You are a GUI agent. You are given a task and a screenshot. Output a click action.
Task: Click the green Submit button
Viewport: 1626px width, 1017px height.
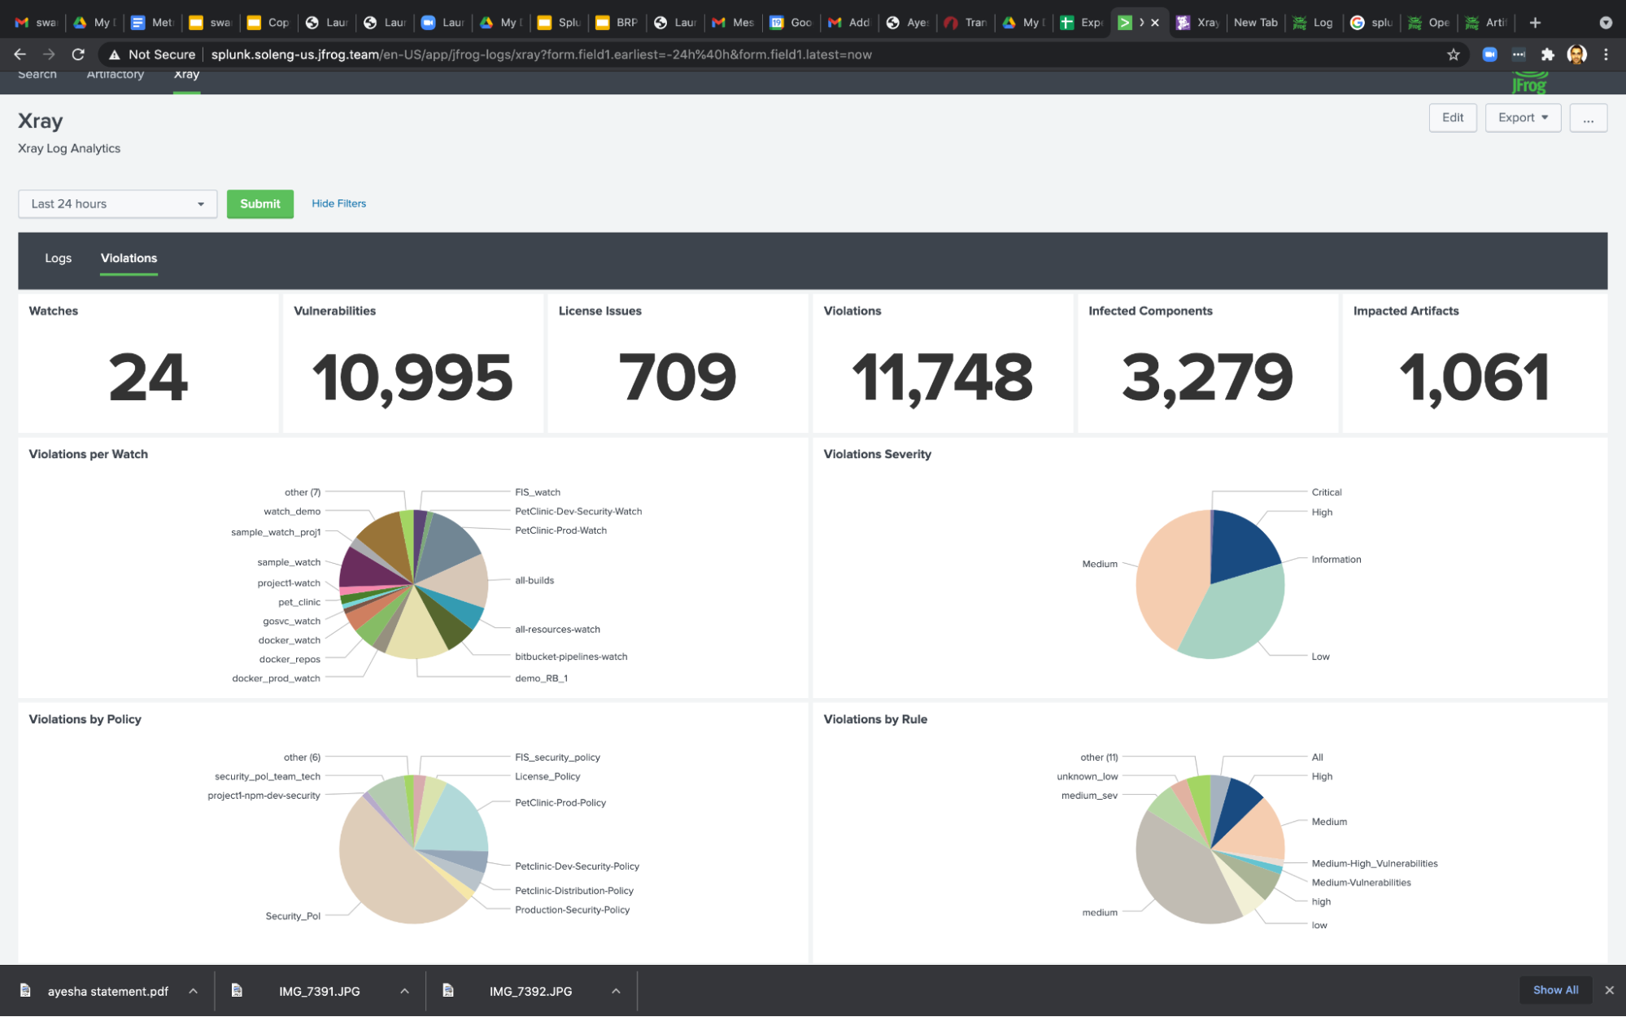259,203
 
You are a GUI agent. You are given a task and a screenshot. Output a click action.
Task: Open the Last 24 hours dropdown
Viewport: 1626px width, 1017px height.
117,203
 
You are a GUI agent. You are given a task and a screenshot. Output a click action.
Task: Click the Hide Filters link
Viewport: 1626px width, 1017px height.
338,203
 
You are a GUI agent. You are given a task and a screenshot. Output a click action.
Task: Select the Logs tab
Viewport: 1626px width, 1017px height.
58,258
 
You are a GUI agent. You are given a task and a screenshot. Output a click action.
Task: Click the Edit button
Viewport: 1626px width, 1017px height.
1452,117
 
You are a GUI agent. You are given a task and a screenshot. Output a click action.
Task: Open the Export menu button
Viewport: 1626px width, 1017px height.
1522,117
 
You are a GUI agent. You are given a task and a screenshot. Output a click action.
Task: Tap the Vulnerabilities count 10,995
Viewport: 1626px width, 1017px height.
412,378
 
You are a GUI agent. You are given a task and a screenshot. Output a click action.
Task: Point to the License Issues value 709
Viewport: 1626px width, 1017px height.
678,378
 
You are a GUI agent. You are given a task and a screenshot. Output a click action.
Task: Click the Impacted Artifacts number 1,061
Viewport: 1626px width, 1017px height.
1473,378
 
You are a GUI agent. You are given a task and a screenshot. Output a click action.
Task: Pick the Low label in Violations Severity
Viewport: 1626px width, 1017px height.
1320,657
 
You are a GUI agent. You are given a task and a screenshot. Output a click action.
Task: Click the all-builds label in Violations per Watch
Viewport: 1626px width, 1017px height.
534,580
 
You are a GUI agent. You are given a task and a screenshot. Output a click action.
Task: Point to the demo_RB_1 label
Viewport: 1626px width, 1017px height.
541,678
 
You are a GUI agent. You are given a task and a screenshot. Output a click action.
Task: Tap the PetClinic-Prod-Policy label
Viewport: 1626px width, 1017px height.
560,802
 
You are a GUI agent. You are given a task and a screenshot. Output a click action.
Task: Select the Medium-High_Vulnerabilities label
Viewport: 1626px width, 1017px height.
1374,863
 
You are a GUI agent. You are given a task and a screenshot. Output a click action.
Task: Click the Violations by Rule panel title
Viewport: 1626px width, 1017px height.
875,719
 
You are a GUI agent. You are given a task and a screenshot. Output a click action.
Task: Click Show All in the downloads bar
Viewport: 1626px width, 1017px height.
1554,990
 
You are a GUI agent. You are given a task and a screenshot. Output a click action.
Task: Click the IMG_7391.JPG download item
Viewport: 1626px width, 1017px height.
319,991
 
